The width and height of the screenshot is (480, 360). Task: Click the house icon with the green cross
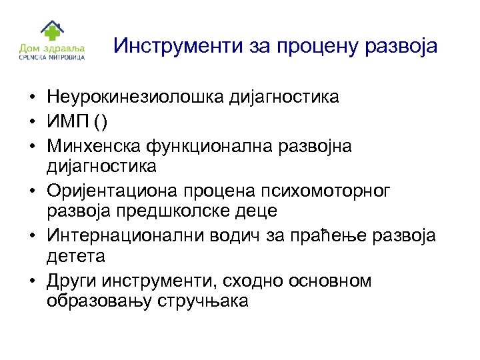point(51,29)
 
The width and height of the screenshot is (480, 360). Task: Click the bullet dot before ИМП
point(32,121)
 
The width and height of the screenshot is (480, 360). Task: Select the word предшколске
point(155,210)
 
